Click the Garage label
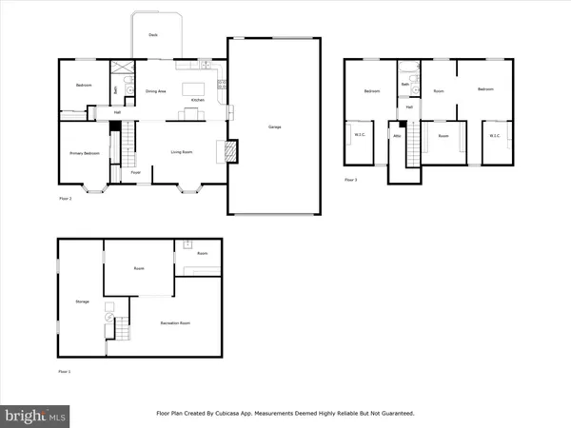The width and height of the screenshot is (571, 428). (273, 126)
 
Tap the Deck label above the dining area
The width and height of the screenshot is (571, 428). (152, 35)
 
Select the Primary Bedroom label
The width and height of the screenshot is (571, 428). (84, 153)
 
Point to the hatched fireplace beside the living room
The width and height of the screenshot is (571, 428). (227, 150)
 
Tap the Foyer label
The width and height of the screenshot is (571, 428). (136, 172)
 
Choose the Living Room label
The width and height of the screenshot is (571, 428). (182, 151)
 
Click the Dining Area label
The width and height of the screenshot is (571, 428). (156, 91)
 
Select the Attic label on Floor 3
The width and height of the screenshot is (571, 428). (397, 136)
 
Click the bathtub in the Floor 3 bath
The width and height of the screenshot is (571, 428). (407, 68)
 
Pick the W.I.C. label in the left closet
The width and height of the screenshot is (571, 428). (360, 135)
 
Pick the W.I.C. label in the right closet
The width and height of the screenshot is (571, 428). (494, 135)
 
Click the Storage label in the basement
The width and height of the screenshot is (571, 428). (82, 302)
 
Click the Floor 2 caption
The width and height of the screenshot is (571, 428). (65, 199)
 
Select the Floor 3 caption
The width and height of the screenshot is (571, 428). (350, 179)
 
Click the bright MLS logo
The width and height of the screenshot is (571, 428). (36, 415)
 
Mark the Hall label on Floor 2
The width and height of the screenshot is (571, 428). (117, 112)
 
